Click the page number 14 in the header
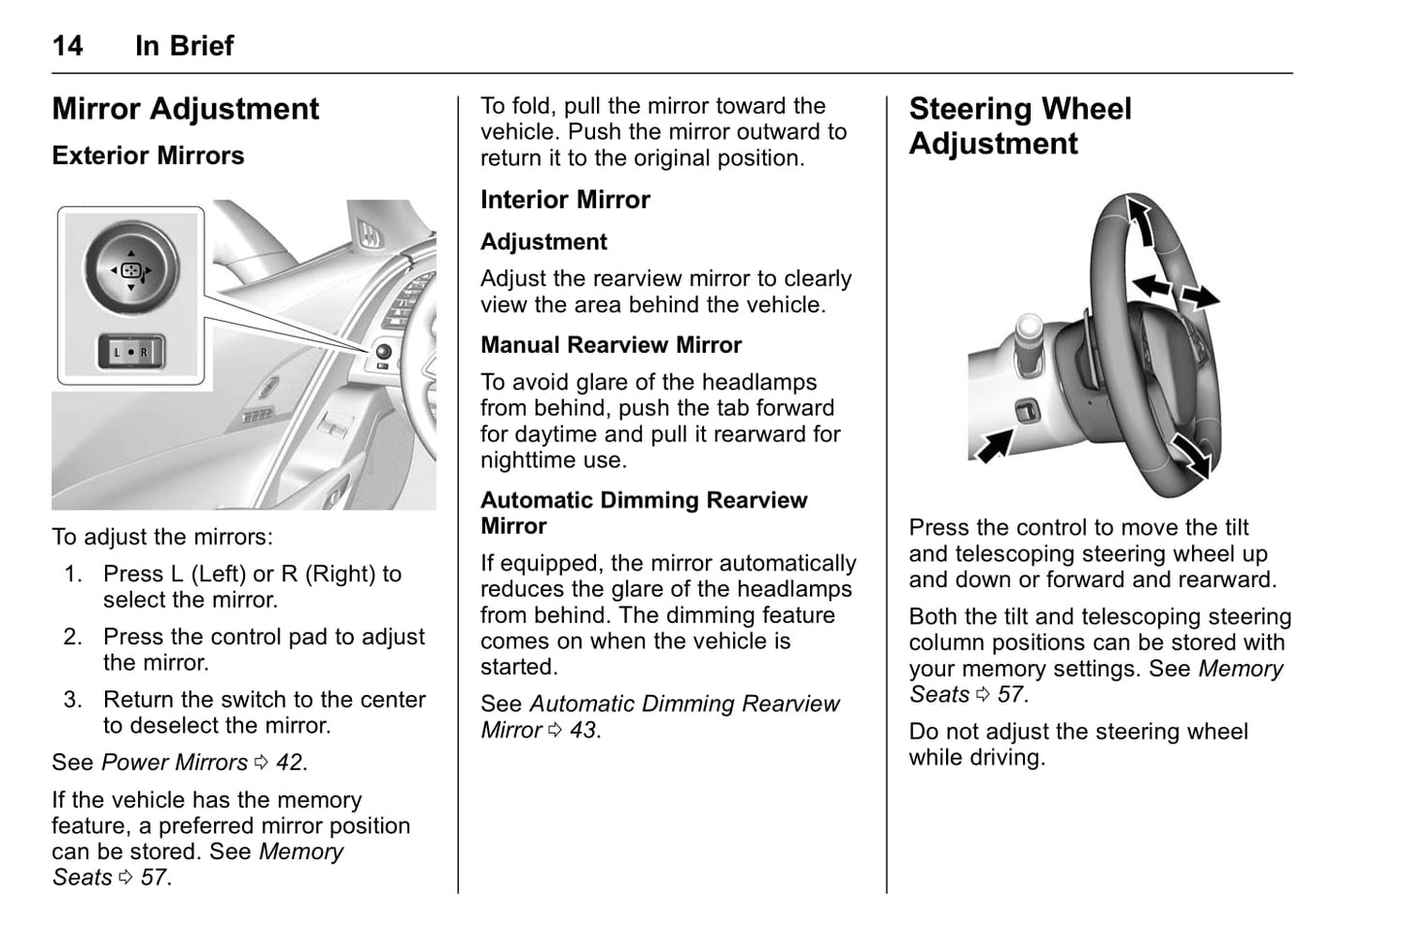(x=67, y=46)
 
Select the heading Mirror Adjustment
(x=185, y=109)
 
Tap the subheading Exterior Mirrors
(x=148, y=156)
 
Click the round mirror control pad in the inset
(x=131, y=270)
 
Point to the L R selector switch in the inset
(x=130, y=352)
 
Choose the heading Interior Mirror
(x=565, y=200)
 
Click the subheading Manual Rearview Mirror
(x=611, y=345)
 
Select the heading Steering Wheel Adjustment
(x=1020, y=126)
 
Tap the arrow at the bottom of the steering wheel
(x=1191, y=455)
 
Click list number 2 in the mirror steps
(x=73, y=638)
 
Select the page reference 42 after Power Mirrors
(x=290, y=763)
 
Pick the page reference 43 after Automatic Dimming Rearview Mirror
(x=583, y=730)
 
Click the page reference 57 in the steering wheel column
(x=1011, y=695)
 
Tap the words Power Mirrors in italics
(x=174, y=763)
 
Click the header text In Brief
(x=185, y=46)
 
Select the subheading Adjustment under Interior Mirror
(x=544, y=242)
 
